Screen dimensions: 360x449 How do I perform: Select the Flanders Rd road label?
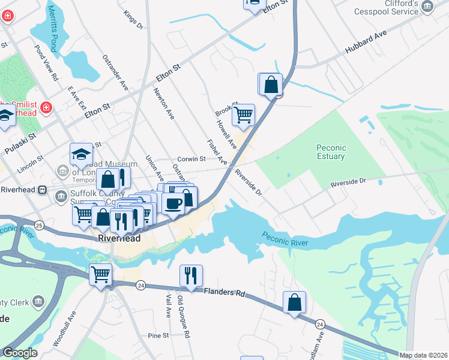224,293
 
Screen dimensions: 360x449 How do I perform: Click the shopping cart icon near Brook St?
243,114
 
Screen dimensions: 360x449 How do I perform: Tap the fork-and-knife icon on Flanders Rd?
191,276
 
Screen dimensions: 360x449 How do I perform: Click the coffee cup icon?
173,203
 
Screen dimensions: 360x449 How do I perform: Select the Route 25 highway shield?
39,225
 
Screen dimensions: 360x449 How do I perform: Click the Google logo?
19,353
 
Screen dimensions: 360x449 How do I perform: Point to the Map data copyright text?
423,355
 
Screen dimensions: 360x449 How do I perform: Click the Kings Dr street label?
133,20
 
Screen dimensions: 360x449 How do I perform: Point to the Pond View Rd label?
46,62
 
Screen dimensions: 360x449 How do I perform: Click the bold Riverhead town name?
119,238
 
